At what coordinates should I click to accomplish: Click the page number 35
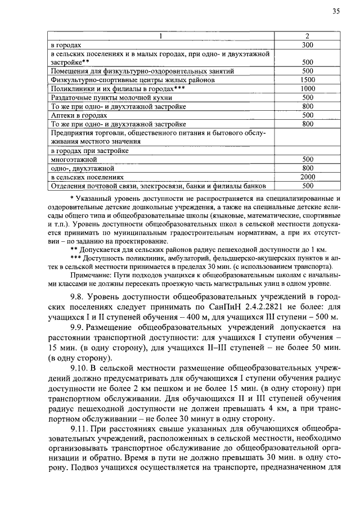coord(336,11)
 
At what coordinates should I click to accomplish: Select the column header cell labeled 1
coord(161,37)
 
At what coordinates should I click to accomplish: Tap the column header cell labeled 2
coord(307,37)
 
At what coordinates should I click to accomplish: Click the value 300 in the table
coord(307,44)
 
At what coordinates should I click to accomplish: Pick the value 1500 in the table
coord(307,80)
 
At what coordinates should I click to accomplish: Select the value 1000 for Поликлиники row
coord(307,88)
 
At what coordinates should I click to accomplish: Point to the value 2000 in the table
coord(307,177)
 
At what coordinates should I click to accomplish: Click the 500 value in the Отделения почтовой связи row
coord(307,186)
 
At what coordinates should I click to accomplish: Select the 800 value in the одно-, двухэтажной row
coord(307,168)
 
